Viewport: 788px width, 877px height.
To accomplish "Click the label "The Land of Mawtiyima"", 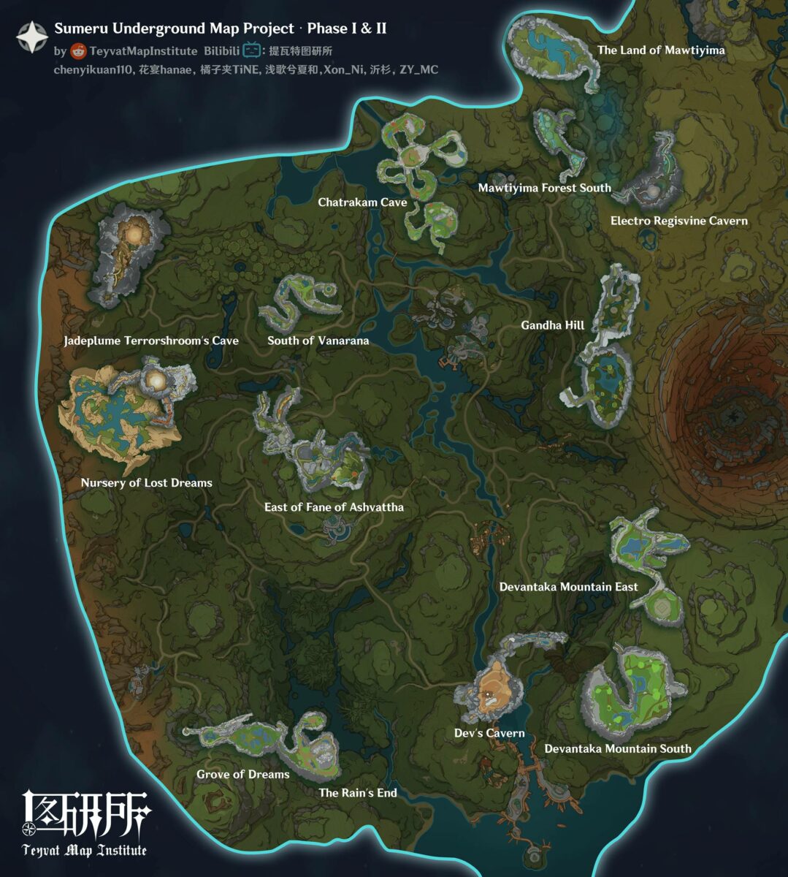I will point(661,50).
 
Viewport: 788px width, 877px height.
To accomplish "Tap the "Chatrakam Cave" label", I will point(362,202).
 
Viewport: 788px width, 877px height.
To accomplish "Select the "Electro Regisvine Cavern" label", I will point(678,221).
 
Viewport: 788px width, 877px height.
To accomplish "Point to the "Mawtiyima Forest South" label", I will point(544,188).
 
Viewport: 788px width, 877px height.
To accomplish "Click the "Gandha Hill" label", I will point(553,325).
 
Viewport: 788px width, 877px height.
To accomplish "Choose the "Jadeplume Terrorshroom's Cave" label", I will point(151,341).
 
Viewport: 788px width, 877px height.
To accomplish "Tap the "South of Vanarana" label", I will point(318,341).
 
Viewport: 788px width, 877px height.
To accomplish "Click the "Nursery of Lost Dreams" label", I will point(146,483).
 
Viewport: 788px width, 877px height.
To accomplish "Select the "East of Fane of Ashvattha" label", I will point(334,507).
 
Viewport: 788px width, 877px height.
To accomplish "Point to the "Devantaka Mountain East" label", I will point(568,587).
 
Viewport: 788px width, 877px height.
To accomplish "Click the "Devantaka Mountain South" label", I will point(618,748).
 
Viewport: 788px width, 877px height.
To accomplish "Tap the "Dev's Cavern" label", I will point(489,733).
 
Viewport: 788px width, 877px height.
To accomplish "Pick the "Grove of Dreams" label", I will point(242,775).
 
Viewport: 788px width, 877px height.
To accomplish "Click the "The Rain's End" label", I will point(358,793).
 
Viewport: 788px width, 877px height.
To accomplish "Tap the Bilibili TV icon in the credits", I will point(252,50).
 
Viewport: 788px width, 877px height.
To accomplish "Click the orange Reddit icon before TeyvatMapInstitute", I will point(79,51).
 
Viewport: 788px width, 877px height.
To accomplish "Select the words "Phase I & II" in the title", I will point(347,29).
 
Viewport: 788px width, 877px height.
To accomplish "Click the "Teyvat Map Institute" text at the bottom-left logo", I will point(85,850).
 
